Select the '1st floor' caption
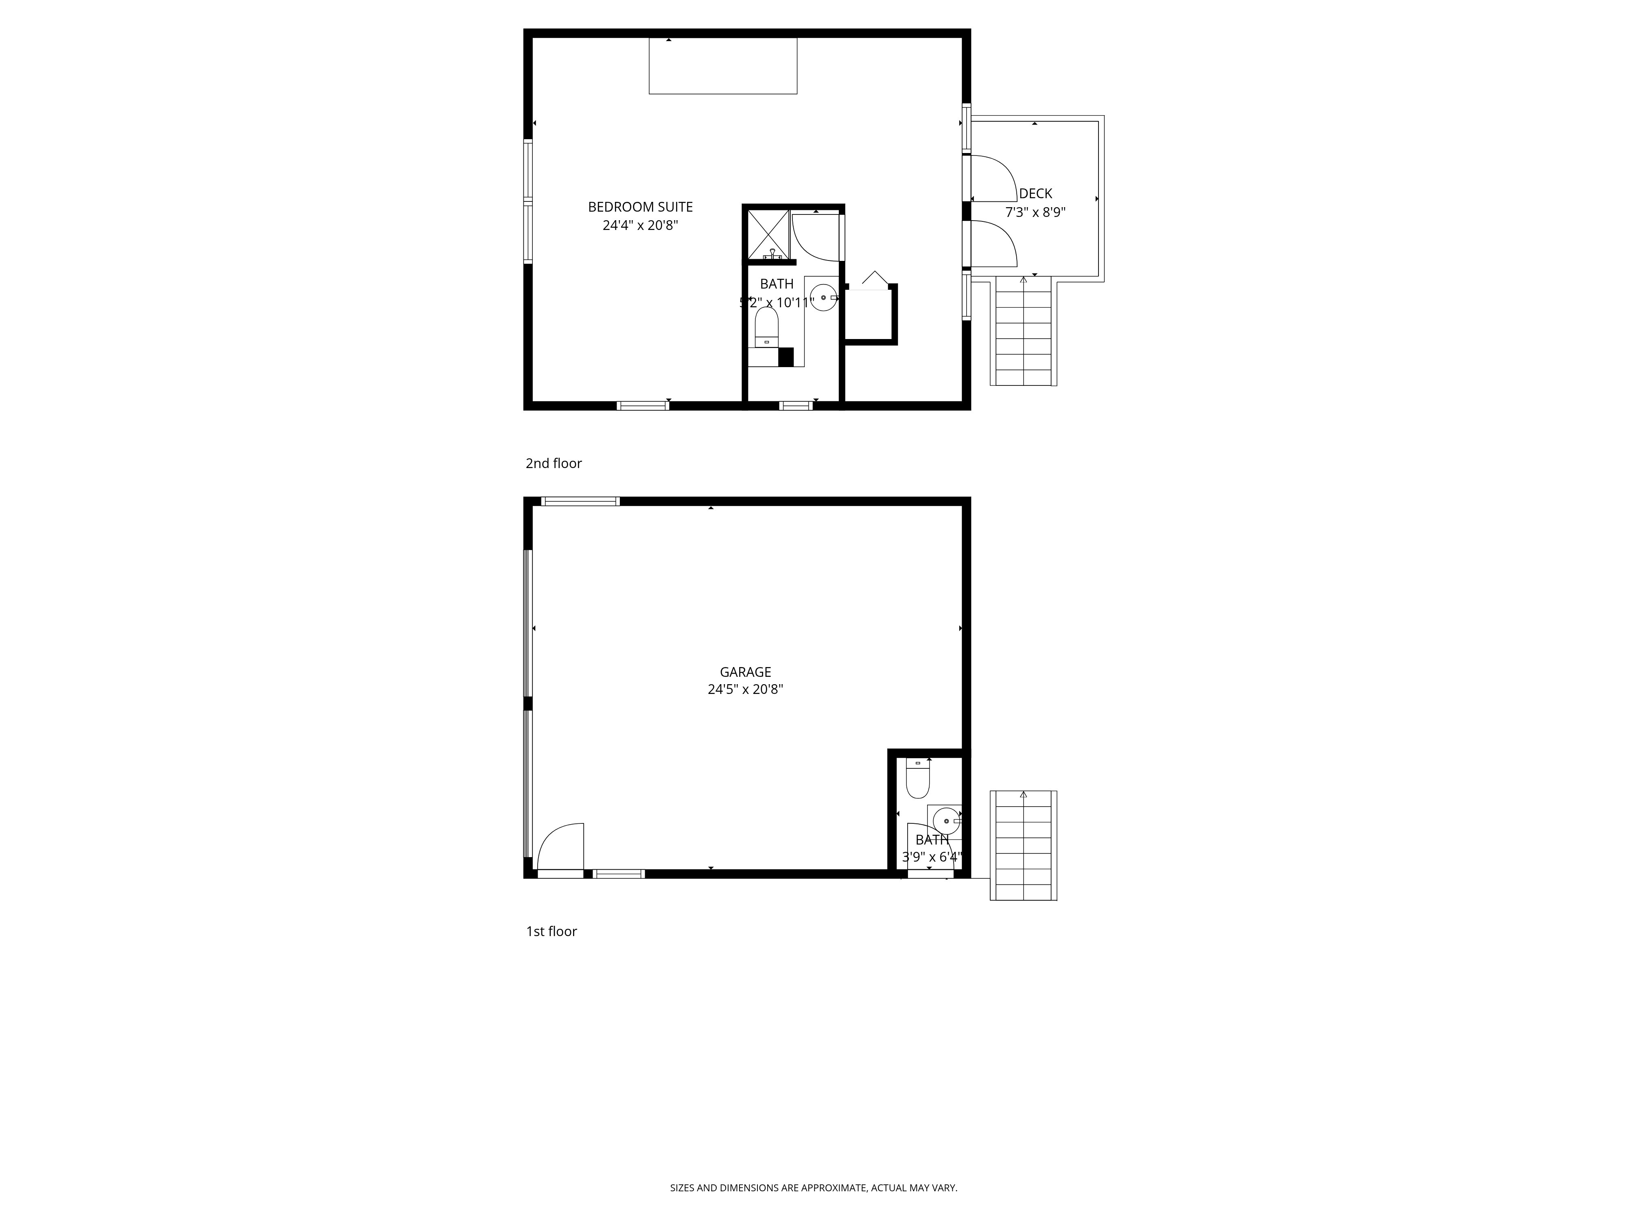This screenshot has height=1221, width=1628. tap(551, 932)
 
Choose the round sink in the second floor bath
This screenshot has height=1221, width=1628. tap(823, 298)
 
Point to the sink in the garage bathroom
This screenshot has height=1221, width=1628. tap(946, 819)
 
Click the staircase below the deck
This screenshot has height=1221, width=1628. tap(1023, 331)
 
